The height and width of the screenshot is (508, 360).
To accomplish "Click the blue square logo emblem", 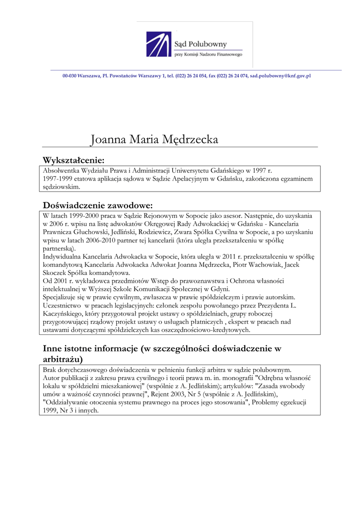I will [158, 44].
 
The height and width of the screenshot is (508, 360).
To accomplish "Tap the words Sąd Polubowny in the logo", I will [197, 43].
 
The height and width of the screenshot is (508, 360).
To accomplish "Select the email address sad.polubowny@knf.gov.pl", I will [280, 76].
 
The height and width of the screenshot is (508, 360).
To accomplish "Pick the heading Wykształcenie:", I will [73, 160].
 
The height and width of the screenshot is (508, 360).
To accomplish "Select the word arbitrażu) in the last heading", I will [63, 358].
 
